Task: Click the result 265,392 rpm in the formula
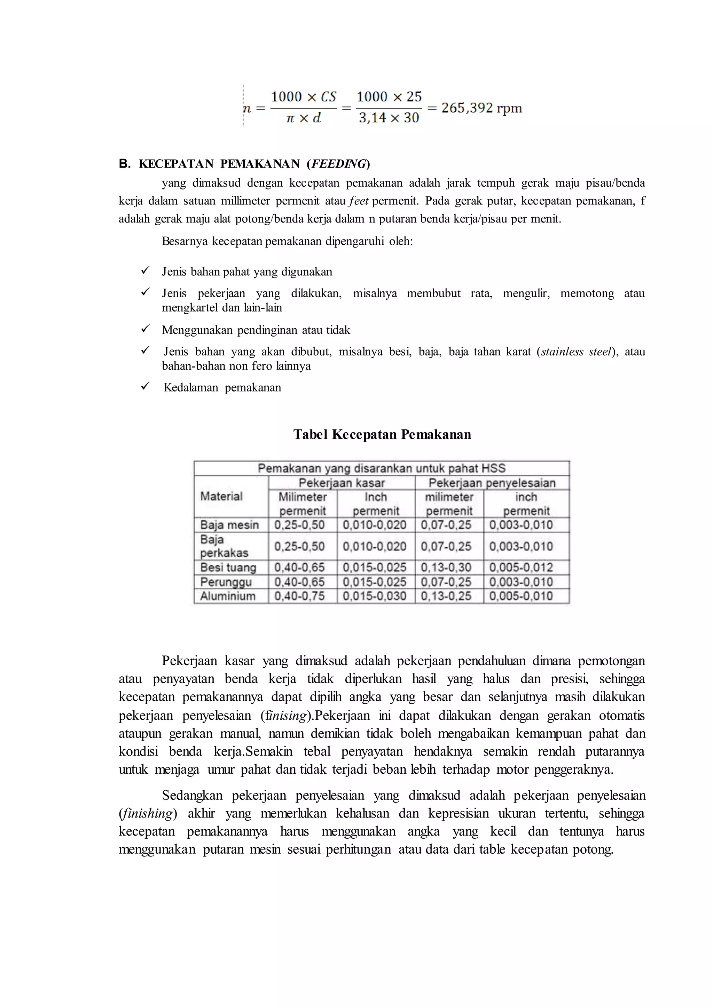(x=481, y=108)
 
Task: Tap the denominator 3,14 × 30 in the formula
(x=389, y=118)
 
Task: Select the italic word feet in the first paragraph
(x=359, y=201)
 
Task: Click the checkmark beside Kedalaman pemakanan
(x=145, y=386)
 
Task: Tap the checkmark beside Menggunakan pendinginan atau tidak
(x=145, y=329)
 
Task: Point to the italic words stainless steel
(x=576, y=352)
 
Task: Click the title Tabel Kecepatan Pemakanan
(x=382, y=435)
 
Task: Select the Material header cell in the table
(x=221, y=496)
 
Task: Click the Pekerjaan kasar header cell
(x=341, y=483)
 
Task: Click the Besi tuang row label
(x=228, y=567)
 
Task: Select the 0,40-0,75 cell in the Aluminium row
(x=299, y=596)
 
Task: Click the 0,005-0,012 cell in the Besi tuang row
(x=521, y=567)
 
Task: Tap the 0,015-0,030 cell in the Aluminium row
(x=375, y=596)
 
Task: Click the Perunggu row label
(x=226, y=582)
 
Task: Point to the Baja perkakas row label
(x=224, y=546)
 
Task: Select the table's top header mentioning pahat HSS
(x=381, y=468)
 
